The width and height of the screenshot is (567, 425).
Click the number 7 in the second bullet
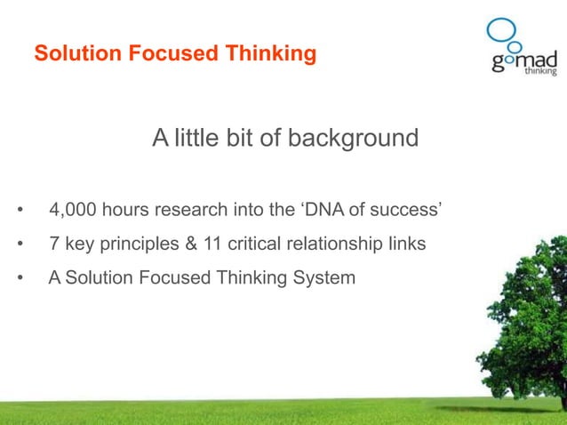pyautogui.click(x=54, y=245)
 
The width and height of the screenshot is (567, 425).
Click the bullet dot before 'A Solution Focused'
pyautogui.click(x=20, y=279)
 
